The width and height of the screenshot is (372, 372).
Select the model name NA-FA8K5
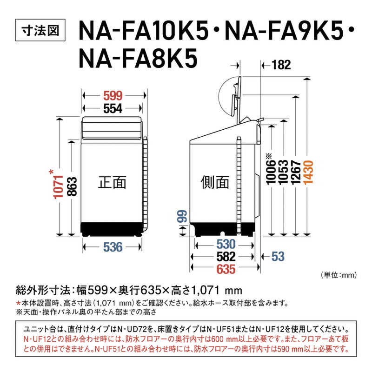139,60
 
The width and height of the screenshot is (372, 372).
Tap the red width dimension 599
113,96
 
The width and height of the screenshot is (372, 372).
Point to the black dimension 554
113,108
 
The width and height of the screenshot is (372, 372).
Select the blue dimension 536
113,247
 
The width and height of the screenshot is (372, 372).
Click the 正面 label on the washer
112,182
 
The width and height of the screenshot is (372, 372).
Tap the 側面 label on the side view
214,182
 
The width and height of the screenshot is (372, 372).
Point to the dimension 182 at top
279,66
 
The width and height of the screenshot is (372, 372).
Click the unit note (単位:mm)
338,275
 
